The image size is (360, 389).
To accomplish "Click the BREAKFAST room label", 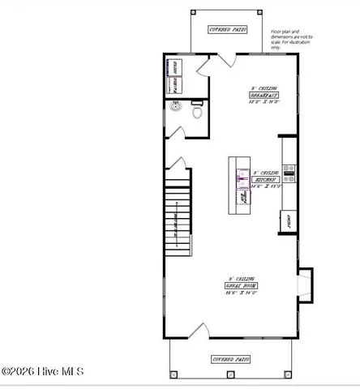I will tap(259, 95).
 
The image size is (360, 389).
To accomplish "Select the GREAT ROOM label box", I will tap(242, 286).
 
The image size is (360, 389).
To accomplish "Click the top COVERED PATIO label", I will tap(228, 29).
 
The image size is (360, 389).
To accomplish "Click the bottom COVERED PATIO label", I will tap(230, 358).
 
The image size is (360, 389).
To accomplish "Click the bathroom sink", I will tap(174, 106).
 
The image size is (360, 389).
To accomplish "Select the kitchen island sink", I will tap(242, 175).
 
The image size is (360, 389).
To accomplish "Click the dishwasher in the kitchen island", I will tap(242, 197).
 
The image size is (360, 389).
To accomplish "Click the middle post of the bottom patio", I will tap(230, 374).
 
